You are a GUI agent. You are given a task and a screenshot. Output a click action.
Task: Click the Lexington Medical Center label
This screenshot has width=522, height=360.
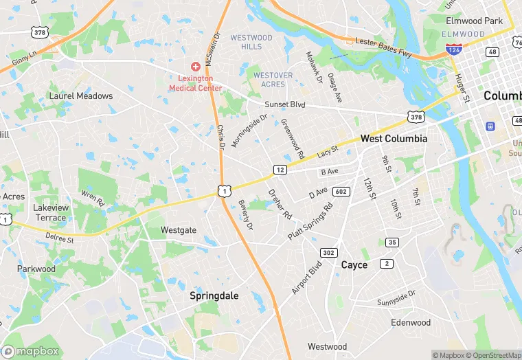click(x=196, y=83)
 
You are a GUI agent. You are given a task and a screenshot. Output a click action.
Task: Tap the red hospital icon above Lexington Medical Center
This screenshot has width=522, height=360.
click(x=196, y=67)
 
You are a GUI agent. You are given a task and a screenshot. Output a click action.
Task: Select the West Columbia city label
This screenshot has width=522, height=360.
click(x=394, y=138)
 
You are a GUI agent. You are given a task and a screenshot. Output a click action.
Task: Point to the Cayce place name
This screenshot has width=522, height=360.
click(x=354, y=265)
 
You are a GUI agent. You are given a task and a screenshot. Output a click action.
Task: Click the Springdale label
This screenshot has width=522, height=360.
click(x=214, y=295)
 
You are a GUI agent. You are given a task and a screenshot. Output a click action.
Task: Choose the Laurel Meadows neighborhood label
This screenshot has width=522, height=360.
click(x=81, y=95)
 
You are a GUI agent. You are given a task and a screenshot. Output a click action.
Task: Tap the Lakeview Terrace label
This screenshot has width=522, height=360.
click(x=50, y=212)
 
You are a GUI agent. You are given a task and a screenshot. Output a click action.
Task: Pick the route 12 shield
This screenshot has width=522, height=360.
click(x=280, y=169)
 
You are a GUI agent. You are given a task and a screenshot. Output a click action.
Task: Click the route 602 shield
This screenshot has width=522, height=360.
click(x=341, y=192)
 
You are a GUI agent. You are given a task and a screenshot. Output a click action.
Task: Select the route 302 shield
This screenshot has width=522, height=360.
click(x=329, y=252)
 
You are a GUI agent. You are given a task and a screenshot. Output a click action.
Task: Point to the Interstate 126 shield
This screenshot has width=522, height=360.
click(x=453, y=50)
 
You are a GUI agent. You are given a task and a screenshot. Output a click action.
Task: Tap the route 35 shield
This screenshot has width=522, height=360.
click(x=392, y=242)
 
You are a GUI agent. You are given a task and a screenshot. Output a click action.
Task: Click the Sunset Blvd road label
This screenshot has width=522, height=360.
click(x=285, y=105)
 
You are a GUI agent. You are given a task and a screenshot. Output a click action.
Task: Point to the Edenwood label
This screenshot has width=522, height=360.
click(x=410, y=322)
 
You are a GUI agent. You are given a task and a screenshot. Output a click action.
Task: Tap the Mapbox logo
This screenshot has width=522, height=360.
click(x=30, y=350)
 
